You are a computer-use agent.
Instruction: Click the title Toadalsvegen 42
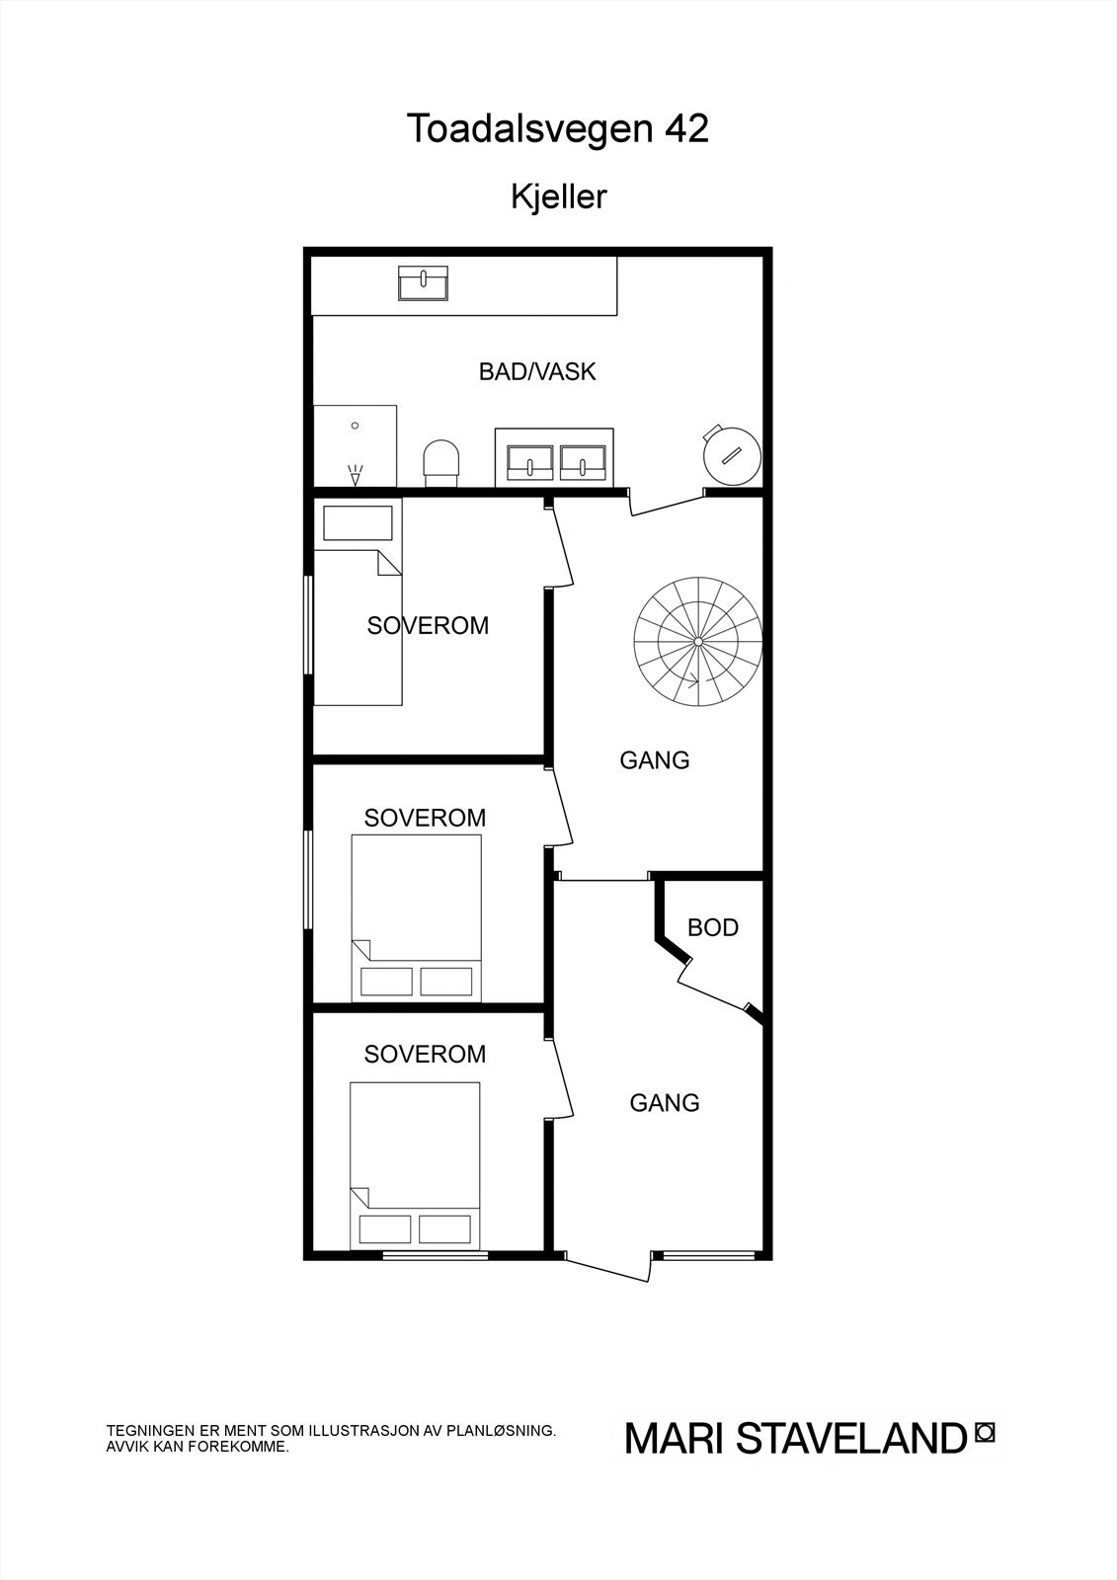(558, 129)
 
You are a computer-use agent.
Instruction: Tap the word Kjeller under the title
(558, 197)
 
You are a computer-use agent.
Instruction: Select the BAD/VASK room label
(537, 372)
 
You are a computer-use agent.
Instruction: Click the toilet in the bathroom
(441, 462)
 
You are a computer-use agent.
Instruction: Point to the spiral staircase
(698, 642)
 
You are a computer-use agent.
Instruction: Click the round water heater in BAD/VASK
(731, 455)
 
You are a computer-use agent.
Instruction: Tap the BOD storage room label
(713, 928)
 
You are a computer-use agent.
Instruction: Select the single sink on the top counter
(423, 282)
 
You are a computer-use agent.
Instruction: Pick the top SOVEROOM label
(428, 626)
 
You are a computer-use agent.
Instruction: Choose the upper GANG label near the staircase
(655, 760)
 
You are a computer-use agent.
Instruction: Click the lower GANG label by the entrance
(665, 1103)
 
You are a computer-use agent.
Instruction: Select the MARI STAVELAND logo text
(795, 1439)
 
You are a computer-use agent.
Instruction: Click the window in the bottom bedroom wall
(436, 1255)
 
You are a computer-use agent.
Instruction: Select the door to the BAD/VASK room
(667, 503)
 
